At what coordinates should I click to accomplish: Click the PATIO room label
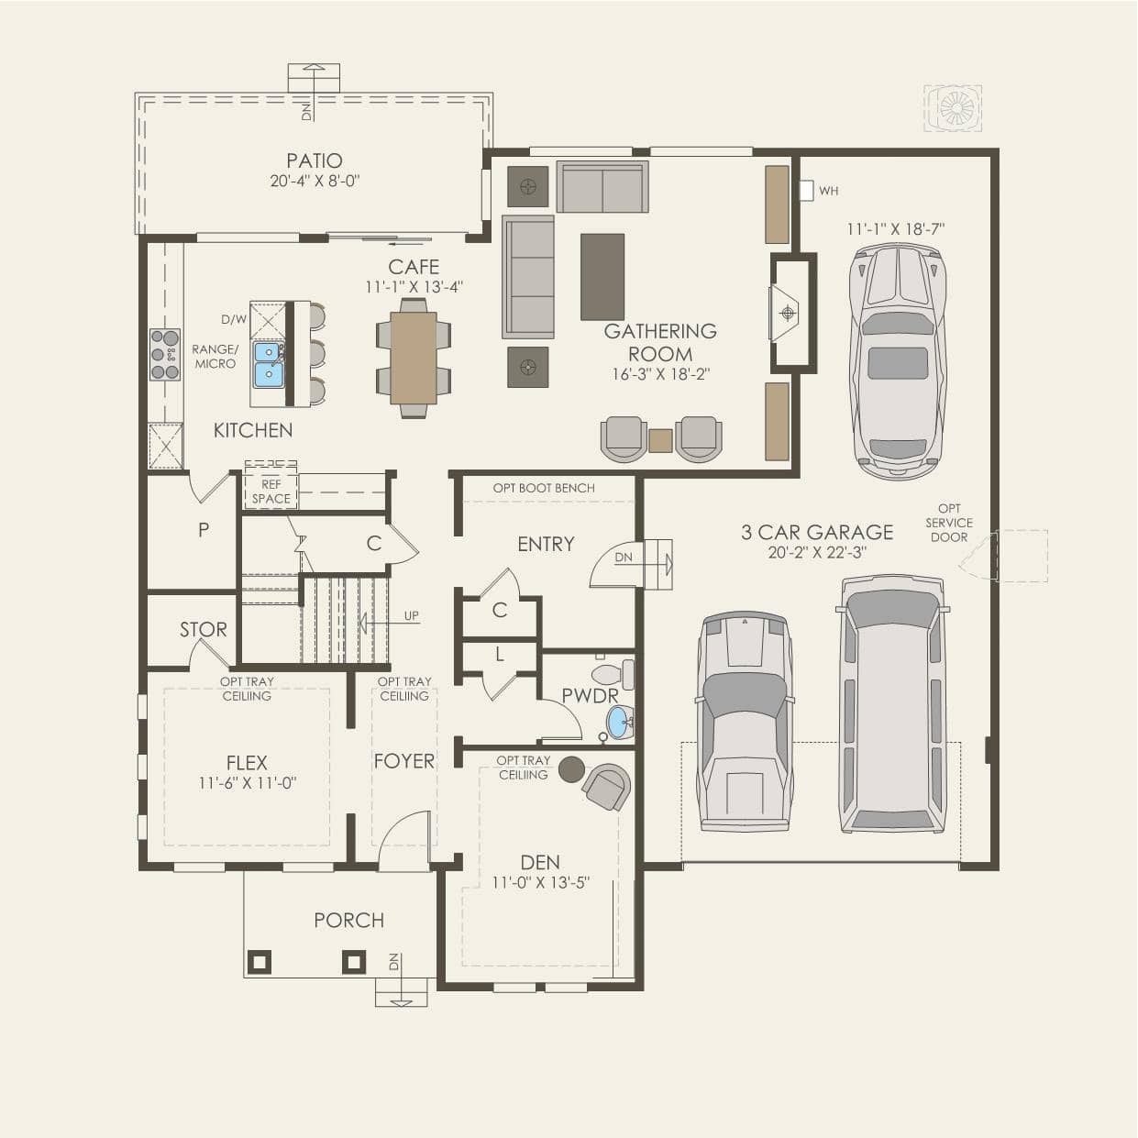315,160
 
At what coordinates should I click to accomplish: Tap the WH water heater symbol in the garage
806,190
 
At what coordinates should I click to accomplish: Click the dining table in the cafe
414,358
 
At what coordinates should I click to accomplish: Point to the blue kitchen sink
268,365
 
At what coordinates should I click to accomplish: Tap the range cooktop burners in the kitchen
165,354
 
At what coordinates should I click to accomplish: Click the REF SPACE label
271,492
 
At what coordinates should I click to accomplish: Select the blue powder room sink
620,722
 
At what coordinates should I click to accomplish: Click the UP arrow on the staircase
389,622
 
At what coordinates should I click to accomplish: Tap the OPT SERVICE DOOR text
949,523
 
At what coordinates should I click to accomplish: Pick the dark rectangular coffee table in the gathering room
602,276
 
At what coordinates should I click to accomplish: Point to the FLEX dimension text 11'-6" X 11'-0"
247,783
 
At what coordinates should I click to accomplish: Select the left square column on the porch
260,962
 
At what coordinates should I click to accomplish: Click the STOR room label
204,630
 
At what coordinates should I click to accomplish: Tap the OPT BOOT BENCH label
544,488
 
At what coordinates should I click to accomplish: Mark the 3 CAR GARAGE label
817,532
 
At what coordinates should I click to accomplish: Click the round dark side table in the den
571,769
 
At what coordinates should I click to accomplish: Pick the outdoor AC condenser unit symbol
953,108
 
